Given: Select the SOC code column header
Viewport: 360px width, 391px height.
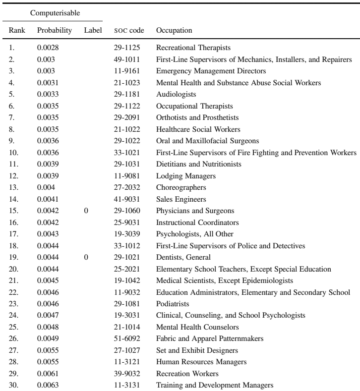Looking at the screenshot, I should [129, 31].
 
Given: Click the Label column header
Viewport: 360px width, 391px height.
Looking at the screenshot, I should [93, 31].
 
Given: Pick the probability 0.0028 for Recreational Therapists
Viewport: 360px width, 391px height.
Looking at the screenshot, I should [47, 49].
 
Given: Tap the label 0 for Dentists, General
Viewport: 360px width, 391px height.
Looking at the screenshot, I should [87, 257].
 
